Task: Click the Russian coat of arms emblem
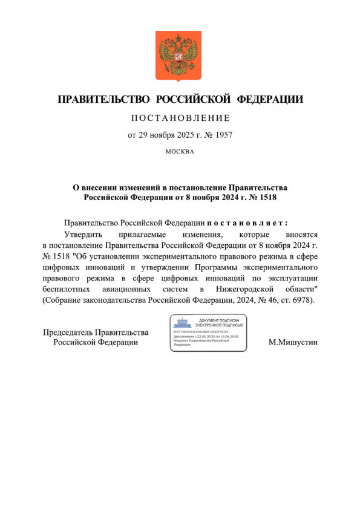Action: pyautogui.click(x=180, y=56)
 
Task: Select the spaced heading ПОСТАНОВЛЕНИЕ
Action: pyautogui.click(x=180, y=118)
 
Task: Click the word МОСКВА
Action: pyautogui.click(x=180, y=151)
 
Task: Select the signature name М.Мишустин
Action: pyautogui.click(x=293, y=343)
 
